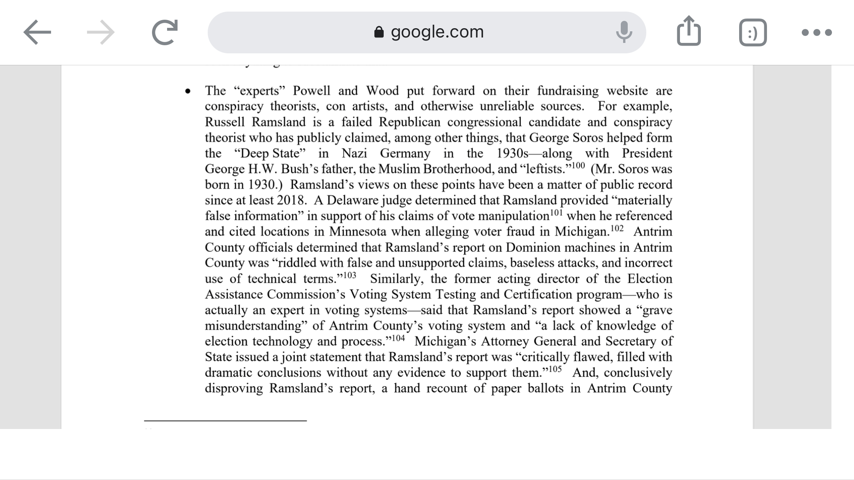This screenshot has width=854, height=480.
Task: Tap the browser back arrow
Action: click(37, 32)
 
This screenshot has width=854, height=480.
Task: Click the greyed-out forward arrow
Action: click(101, 32)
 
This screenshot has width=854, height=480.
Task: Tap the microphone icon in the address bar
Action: click(623, 32)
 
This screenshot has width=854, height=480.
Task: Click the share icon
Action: click(689, 31)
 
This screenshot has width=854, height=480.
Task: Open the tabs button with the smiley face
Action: click(753, 32)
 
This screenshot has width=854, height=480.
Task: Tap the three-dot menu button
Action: click(816, 32)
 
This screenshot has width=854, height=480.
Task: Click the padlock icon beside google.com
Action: click(379, 32)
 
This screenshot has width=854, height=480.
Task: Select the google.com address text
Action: click(437, 32)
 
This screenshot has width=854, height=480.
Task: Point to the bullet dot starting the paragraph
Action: click(188, 92)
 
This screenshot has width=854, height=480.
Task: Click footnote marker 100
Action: click(578, 166)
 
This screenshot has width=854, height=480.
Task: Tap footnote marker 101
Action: click(556, 213)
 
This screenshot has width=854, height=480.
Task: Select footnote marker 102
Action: click(617, 228)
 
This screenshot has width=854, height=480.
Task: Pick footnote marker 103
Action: click(349, 275)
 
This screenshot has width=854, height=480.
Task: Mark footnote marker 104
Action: click(398, 338)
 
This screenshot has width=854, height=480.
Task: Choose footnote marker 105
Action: click(555, 369)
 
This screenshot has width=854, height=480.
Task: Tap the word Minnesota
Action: click(357, 231)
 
